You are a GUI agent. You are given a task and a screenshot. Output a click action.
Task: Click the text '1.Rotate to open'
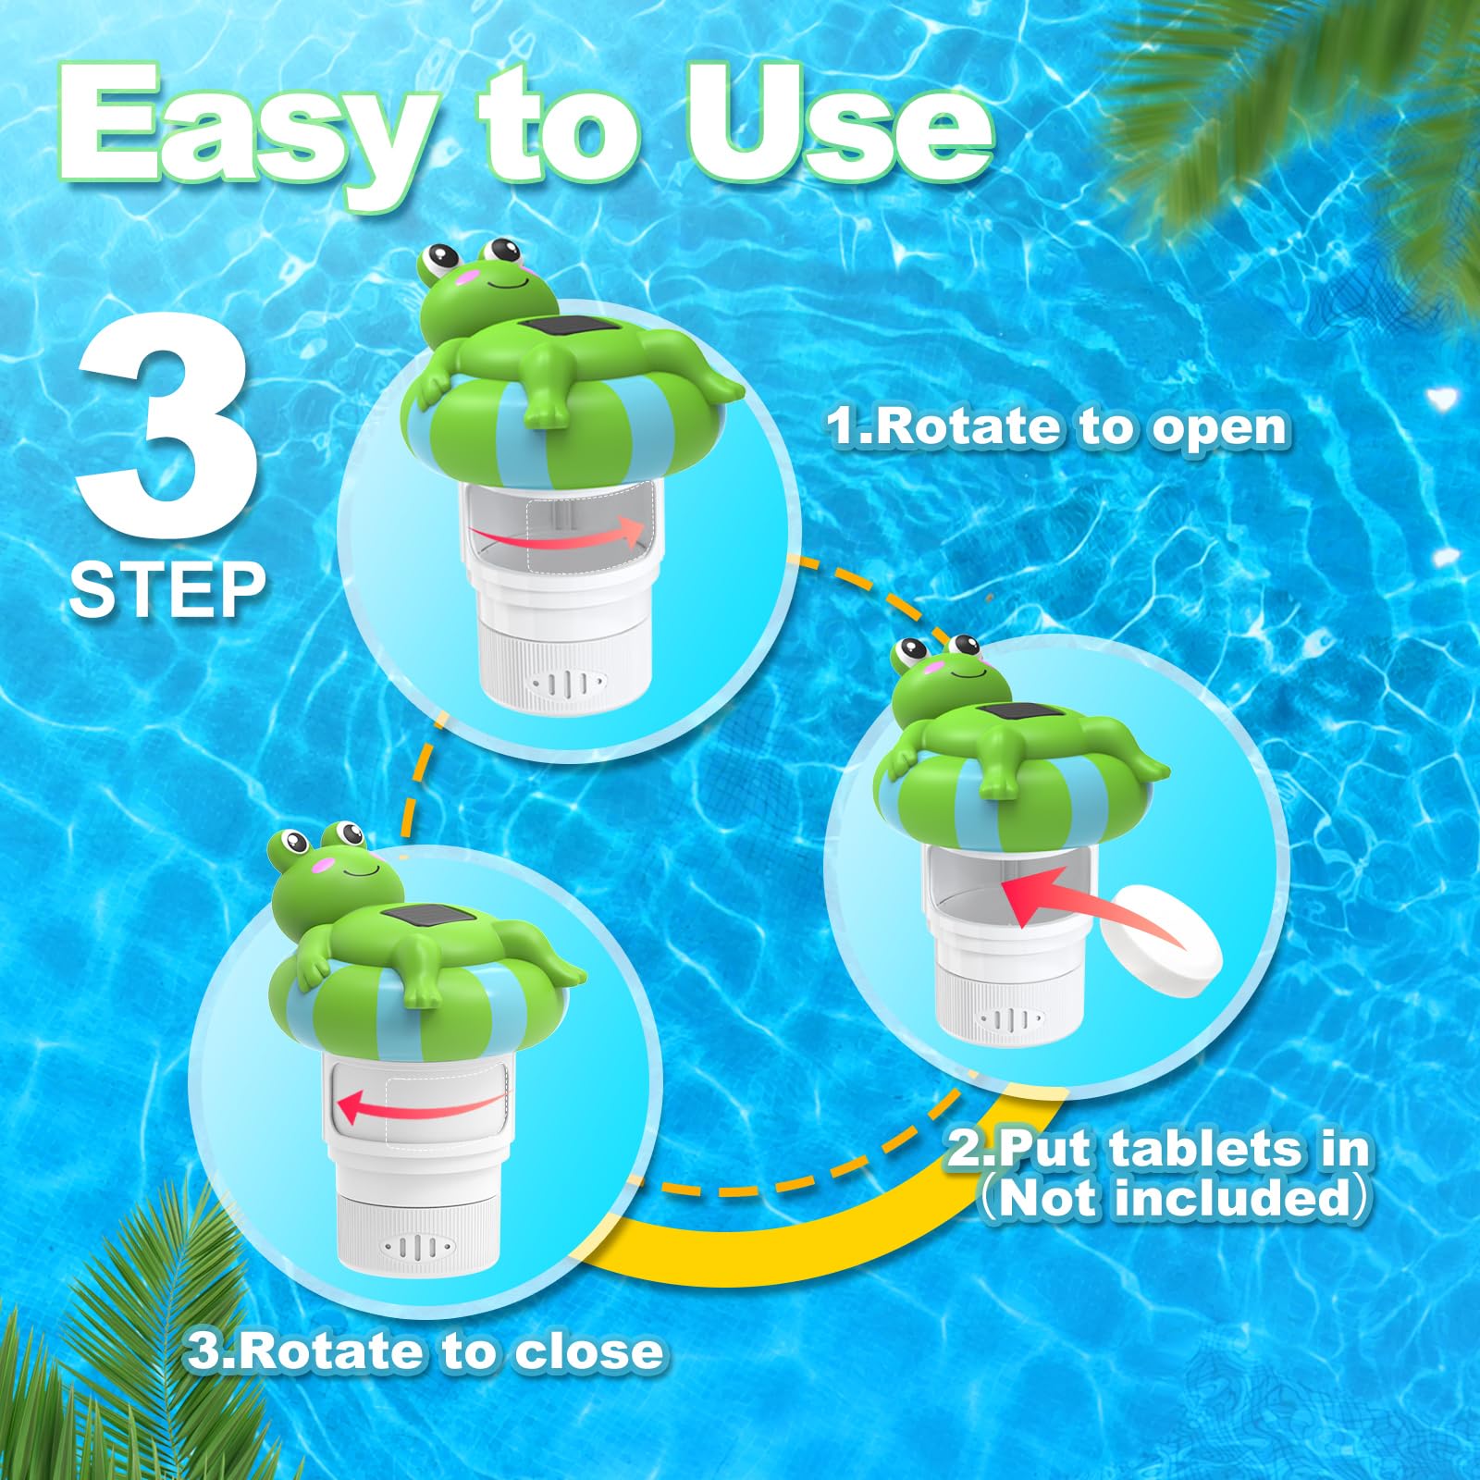(x=1057, y=427)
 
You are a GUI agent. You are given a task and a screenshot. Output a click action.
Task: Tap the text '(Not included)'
(x=1175, y=1199)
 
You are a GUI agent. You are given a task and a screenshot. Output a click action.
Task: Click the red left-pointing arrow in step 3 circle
(x=422, y=1103)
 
